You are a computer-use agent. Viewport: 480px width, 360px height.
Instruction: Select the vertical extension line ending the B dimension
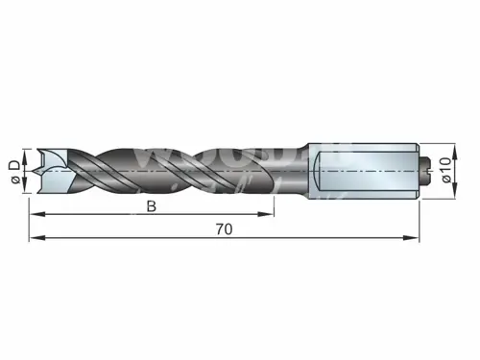[274, 202]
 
